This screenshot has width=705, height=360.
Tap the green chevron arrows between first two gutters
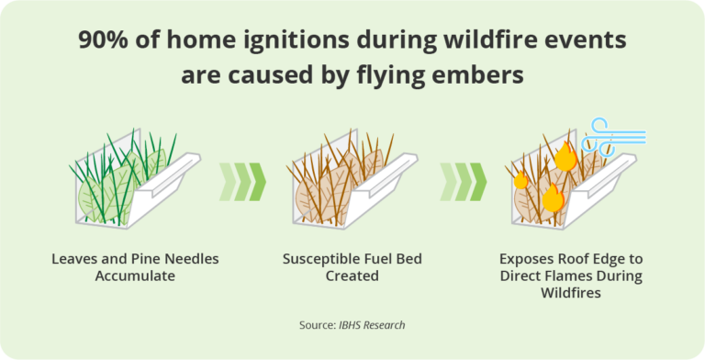[x=242, y=181]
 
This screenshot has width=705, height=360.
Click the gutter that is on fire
[x=569, y=184]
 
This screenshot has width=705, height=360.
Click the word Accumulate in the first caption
[x=135, y=276]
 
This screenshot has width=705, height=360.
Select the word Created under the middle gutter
[x=352, y=276]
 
